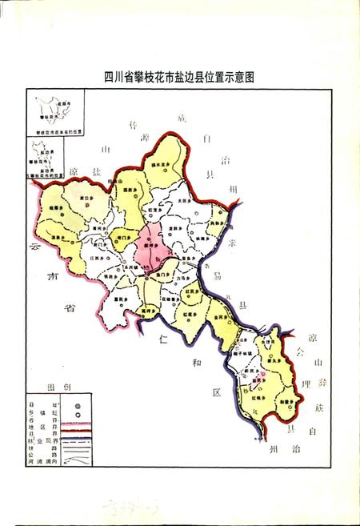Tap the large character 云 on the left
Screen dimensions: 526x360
pos(32,248)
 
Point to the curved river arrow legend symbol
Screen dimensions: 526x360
pos(77,462)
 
